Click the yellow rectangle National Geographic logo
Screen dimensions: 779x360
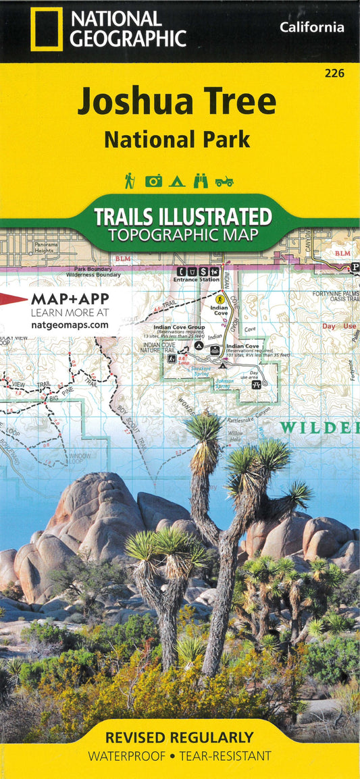coord(47,29)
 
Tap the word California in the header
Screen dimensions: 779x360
coord(311,28)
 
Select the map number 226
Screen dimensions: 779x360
coord(334,74)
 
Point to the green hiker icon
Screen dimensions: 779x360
coord(129,180)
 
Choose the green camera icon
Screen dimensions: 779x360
coord(154,181)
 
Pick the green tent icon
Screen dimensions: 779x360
coord(177,181)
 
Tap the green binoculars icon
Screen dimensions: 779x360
coord(201,181)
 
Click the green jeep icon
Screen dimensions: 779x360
coord(224,181)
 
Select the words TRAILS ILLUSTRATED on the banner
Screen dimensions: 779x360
coord(182,217)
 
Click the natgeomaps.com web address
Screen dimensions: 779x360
coord(70,325)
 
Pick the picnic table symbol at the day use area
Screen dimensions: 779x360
coord(256,384)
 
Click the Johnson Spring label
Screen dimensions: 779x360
coord(224,383)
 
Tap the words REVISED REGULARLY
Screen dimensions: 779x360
coord(179,737)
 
